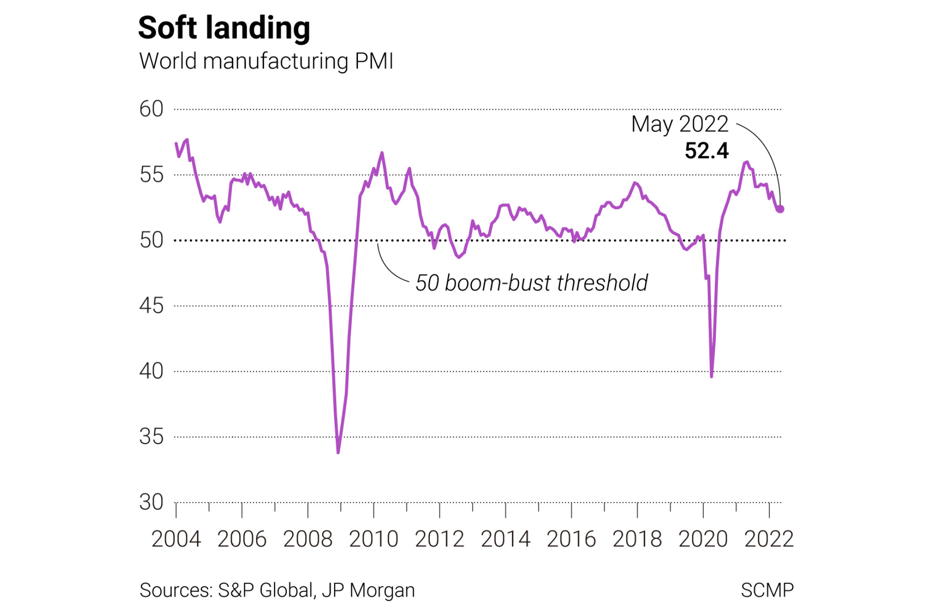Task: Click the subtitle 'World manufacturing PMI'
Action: click(266, 61)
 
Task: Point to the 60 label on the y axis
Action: click(151, 109)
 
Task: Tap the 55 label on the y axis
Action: click(151, 175)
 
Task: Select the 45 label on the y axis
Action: click(151, 306)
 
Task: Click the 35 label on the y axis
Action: click(151, 437)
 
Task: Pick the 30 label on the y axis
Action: click(151, 503)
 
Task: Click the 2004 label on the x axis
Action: click(176, 539)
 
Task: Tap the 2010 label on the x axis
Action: click(374, 539)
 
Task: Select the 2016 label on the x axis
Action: click(571, 539)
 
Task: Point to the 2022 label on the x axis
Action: click(769, 539)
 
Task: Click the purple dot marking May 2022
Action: click(780, 209)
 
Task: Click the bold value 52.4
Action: click(707, 151)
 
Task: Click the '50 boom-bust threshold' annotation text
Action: click(532, 283)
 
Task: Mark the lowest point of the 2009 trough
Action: click(338, 452)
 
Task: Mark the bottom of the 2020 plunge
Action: click(712, 376)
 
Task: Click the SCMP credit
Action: click(767, 590)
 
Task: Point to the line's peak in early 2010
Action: click(382, 153)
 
